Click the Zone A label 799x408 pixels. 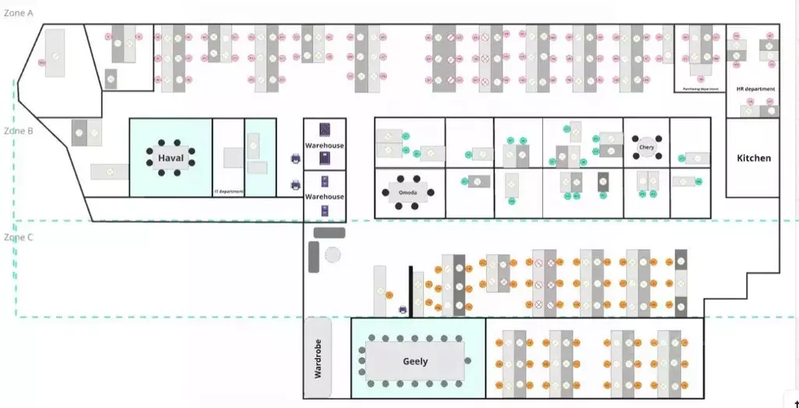click(19, 13)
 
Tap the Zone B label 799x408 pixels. click(19, 131)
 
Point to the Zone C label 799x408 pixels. click(19, 237)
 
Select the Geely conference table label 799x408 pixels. click(415, 361)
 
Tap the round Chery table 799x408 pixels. click(647, 147)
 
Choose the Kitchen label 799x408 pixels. click(754, 158)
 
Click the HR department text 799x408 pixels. click(755, 89)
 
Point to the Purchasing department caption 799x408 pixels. click(700, 89)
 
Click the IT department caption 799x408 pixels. click(229, 191)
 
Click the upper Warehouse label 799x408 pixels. click(325, 146)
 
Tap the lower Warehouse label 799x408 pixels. click(325, 197)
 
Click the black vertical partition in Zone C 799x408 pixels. click(410, 291)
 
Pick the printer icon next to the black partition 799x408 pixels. click(403, 310)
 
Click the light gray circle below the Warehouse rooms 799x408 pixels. click(333, 254)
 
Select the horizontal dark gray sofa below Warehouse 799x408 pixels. click(329, 232)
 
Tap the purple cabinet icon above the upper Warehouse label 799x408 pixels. click(325, 130)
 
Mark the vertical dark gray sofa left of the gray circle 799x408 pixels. click(314, 257)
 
